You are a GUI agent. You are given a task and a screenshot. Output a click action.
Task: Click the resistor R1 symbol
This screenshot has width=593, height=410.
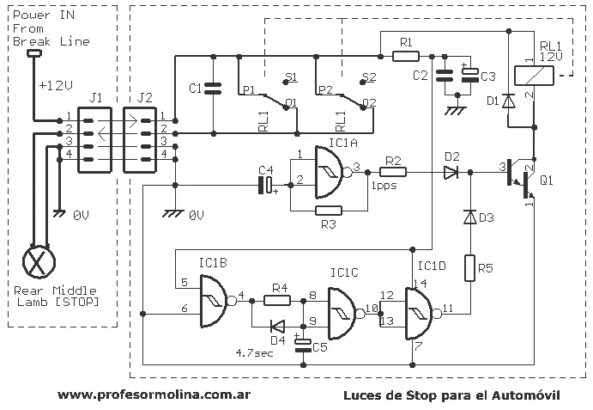click(x=406, y=57)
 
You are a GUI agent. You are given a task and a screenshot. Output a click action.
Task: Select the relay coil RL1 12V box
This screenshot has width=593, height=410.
click(x=534, y=75)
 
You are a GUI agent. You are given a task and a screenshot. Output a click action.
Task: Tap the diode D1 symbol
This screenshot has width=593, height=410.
click(x=508, y=101)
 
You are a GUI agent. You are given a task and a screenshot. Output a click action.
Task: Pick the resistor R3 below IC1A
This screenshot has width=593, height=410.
click(x=329, y=211)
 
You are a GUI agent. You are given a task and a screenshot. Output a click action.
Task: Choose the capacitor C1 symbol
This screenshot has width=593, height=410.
click(x=213, y=89)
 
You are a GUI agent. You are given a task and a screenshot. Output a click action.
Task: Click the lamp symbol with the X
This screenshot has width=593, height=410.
click(x=39, y=261)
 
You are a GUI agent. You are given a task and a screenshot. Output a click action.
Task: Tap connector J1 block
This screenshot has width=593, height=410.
click(x=94, y=140)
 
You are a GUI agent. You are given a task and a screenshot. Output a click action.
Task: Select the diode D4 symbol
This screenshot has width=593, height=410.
click(x=277, y=327)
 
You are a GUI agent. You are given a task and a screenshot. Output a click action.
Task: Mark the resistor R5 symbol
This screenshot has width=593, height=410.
click(x=469, y=268)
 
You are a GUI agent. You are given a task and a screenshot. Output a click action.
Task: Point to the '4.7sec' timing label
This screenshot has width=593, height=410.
click(x=254, y=352)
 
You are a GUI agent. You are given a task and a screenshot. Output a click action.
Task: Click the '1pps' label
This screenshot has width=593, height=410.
click(x=384, y=186)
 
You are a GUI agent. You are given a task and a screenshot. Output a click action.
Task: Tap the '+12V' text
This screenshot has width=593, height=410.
click(x=56, y=85)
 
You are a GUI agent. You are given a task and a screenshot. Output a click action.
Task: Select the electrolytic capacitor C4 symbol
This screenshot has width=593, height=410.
click(x=266, y=186)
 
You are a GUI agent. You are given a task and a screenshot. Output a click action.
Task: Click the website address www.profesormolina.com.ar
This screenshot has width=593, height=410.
click(x=154, y=395)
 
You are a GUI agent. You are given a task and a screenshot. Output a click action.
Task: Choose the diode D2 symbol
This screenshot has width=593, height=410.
click(x=451, y=173)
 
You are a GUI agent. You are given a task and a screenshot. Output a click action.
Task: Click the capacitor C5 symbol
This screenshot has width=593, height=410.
click(x=303, y=345)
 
